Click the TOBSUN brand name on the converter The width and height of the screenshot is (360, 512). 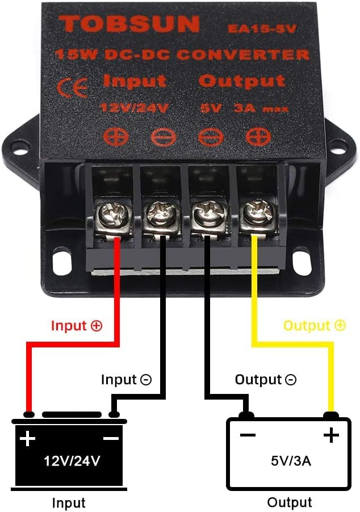click(130, 24)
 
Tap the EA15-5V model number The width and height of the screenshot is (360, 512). click(263, 27)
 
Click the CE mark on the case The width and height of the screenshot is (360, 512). click(73, 88)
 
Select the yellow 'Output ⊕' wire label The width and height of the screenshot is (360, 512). click(314, 325)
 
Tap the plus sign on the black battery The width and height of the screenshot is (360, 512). click(27, 438)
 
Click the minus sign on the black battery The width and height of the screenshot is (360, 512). click(111, 438)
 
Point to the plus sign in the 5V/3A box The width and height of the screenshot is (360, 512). click(331, 435)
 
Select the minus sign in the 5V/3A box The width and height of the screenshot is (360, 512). click(248, 435)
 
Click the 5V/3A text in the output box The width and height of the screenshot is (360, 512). click(291, 460)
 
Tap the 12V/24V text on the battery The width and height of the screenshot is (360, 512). click(69, 460)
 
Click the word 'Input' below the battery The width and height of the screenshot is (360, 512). click(69, 502)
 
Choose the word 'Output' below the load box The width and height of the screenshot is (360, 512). click(290, 502)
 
